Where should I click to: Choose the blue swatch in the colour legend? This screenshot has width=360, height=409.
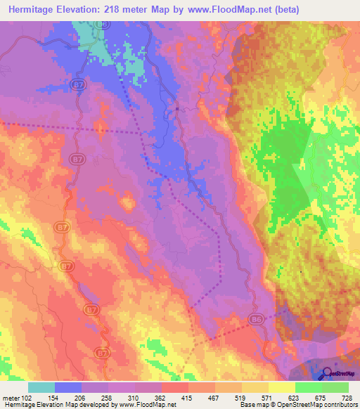(68, 387)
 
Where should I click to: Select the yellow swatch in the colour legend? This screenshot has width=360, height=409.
(282, 387)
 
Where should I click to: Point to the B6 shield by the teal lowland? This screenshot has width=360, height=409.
(103, 24)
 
